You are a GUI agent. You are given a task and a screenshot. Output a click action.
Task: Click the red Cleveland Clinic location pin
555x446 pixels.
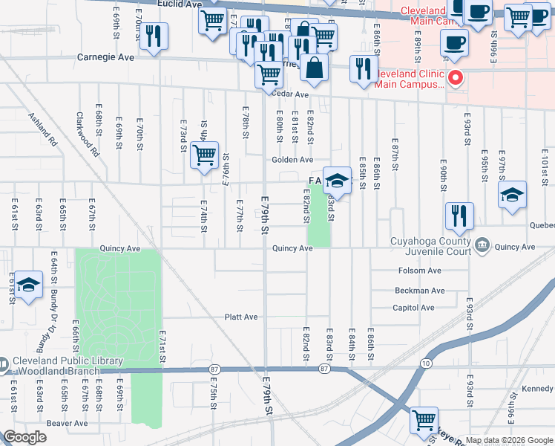point(456,77)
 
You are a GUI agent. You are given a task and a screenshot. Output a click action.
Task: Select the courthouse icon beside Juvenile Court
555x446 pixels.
point(482,245)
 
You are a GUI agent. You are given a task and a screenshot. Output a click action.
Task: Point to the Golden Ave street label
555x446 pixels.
point(292,160)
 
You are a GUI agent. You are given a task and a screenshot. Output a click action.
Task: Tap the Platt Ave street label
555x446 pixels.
point(241,317)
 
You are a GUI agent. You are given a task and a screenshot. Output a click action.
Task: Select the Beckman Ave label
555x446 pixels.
point(419,291)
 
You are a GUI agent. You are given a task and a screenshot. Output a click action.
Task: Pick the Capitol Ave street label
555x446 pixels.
point(413,308)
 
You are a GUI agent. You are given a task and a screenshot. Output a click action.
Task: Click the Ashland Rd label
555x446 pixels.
point(42,128)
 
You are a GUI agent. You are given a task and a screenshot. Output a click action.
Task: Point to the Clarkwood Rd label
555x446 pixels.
point(87,134)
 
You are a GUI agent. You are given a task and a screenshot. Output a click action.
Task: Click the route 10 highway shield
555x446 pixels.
point(424,363)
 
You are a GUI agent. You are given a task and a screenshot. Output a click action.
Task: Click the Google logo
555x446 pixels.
point(24,437)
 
